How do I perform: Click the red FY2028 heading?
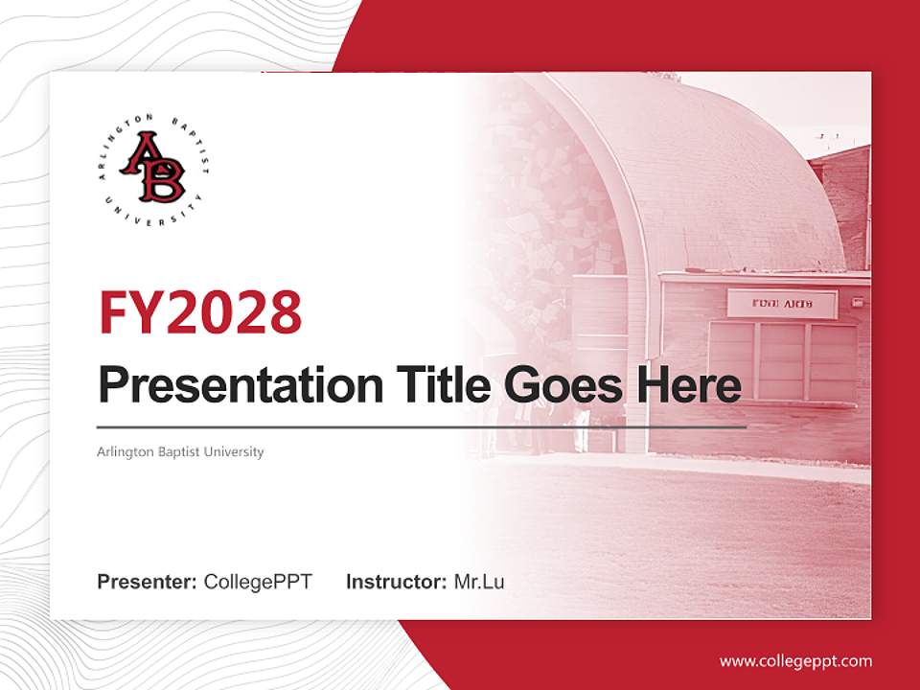[200, 311]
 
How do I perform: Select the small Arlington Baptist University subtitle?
[180, 451]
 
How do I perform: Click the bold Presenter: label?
[148, 582]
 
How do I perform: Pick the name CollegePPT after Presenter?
[258, 582]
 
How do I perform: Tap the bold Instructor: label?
[396, 582]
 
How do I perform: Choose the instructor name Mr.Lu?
[479, 582]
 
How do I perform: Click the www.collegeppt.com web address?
[795, 661]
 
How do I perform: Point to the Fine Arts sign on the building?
[782, 305]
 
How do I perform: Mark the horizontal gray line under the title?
[422, 426]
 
